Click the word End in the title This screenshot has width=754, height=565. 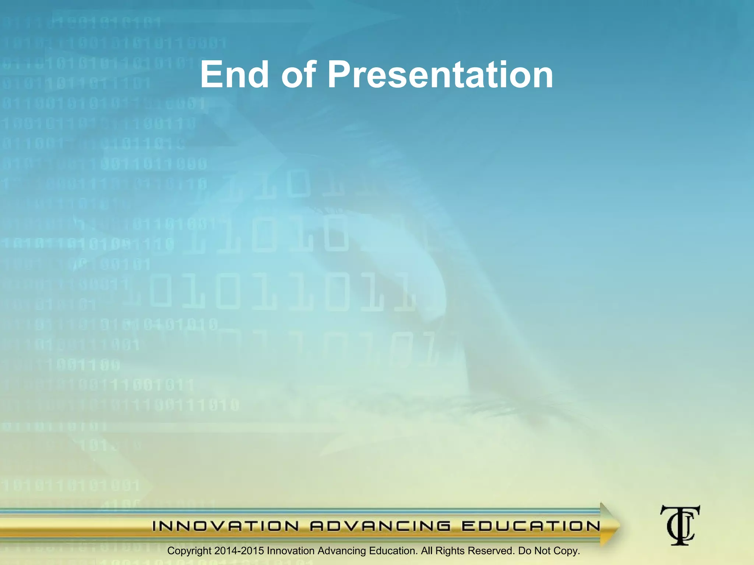(234, 75)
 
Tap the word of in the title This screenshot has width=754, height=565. (299, 75)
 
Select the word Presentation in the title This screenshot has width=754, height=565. (440, 75)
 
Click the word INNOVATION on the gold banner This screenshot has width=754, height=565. (226, 526)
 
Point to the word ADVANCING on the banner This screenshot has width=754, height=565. (380, 526)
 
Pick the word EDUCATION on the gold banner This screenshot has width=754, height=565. (531, 526)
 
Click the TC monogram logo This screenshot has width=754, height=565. (680, 525)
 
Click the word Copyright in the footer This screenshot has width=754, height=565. (189, 551)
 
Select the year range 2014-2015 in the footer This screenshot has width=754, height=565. (239, 551)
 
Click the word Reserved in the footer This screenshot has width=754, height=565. (491, 551)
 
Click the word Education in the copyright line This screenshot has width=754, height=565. (393, 551)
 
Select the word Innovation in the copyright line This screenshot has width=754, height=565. (290, 551)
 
